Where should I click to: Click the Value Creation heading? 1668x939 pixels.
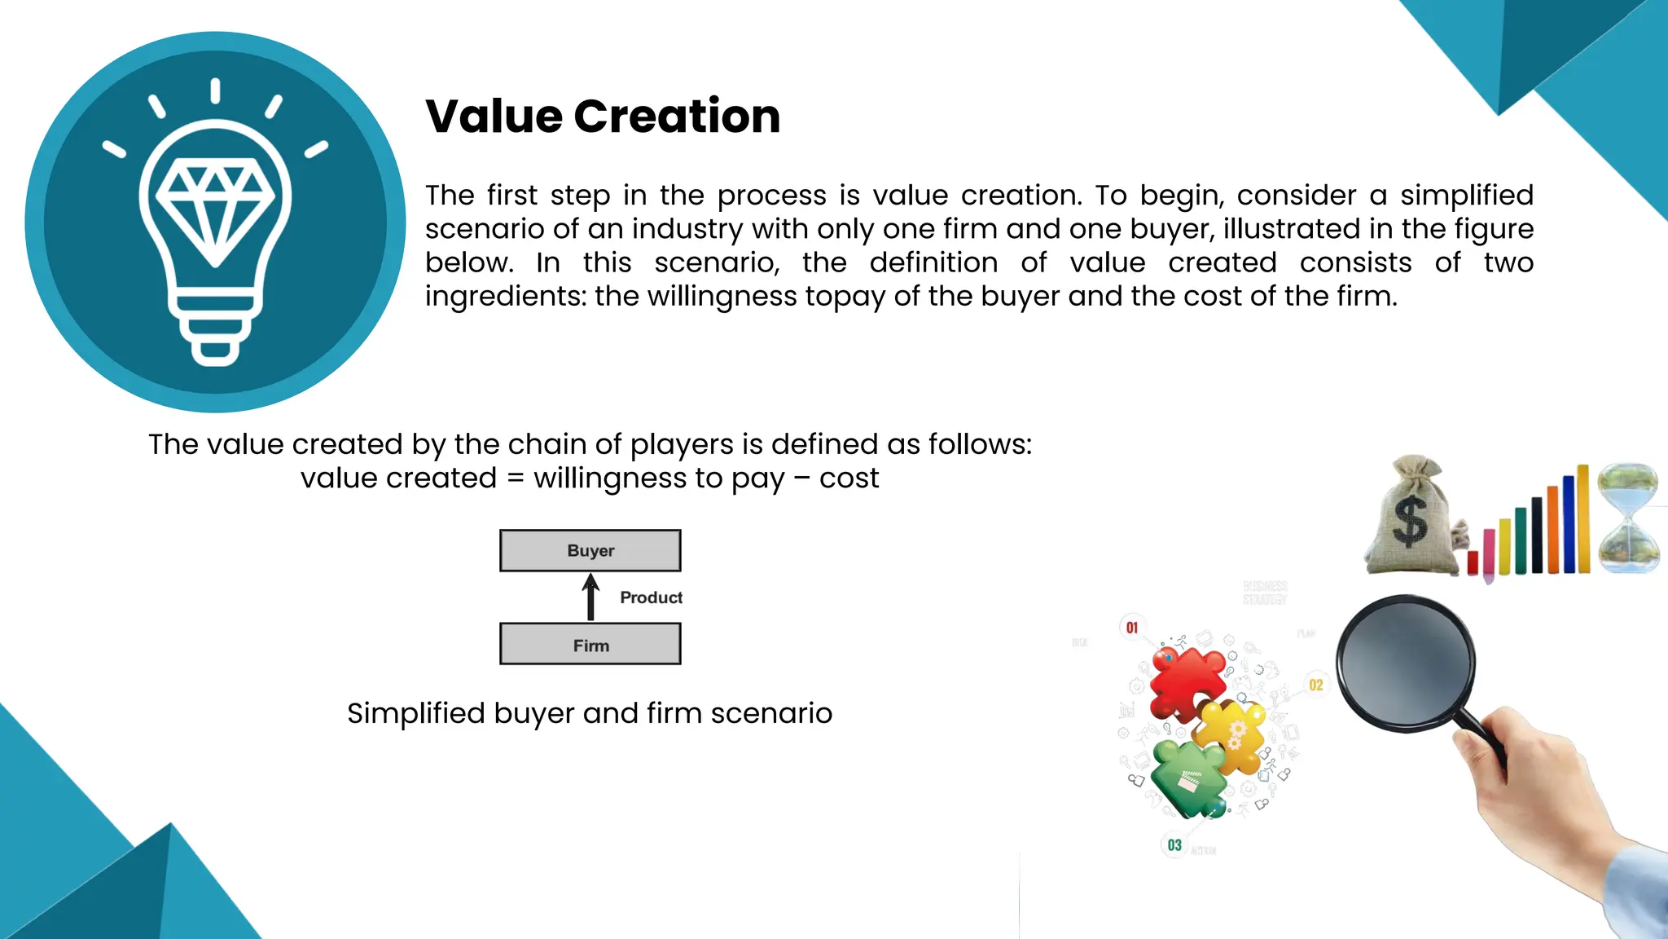pyautogui.click(x=603, y=116)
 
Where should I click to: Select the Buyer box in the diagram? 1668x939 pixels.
pyautogui.click(x=590, y=551)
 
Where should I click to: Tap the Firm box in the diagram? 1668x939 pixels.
pyautogui.click(x=590, y=645)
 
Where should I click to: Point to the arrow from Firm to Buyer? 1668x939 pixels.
pyautogui.click(x=590, y=597)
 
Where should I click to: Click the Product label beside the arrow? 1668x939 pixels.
pyautogui.click(x=651, y=597)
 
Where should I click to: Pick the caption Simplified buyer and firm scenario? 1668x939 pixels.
pyautogui.click(x=590, y=713)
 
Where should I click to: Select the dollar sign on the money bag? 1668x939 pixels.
pyautogui.click(x=1410, y=522)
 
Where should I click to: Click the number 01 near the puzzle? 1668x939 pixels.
pyautogui.click(x=1132, y=628)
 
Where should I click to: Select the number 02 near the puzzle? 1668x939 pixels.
pyautogui.click(x=1316, y=686)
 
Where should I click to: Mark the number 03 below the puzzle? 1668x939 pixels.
pyautogui.click(x=1174, y=845)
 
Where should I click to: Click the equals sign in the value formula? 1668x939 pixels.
pyautogui.click(x=515, y=478)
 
